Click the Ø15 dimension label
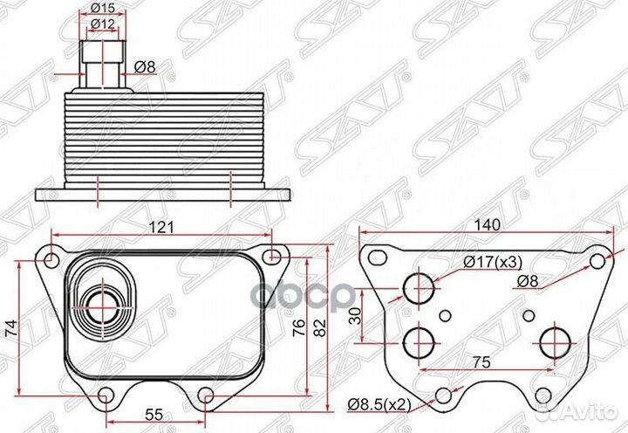point(103,7)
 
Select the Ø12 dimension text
point(103,24)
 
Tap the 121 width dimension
point(161,227)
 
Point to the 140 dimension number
point(488,225)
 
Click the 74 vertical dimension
point(11,328)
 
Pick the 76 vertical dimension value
point(299,328)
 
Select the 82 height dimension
point(319,328)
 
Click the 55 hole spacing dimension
point(154,415)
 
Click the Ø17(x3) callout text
point(493,263)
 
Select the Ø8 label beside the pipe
point(145,67)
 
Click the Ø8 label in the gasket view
point(528,281)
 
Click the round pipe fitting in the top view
point(102,307)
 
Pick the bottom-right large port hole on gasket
point(555,344)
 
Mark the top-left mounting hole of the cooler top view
point(51,260)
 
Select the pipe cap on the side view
point(103,52)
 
